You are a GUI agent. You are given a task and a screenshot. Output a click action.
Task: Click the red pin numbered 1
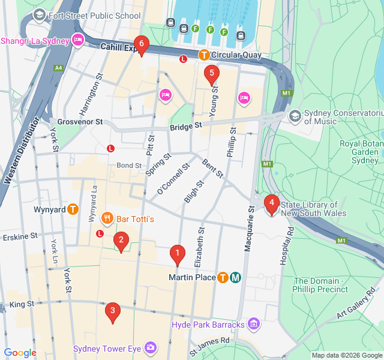[x=176, y=254]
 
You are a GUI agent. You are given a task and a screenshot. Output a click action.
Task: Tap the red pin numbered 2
[x=121, y=242]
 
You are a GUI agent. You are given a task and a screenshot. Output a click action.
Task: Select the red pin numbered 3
[x=112, y=311]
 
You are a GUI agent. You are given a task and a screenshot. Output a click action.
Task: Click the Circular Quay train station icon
[x=204, y=55]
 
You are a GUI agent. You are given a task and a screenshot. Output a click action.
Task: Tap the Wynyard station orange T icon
[x=73, y=209]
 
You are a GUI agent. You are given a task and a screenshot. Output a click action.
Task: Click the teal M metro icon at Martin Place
[x=236, y=277]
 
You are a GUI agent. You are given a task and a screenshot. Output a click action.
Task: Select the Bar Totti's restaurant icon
[x=107, y=219]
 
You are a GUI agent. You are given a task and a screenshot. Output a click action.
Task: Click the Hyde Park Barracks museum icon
[x=253, y=325]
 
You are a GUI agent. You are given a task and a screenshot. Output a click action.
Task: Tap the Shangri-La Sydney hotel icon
[x=77, y=41]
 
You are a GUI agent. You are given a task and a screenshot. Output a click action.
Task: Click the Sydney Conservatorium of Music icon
[x=295, y=115]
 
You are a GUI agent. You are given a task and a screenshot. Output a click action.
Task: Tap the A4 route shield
[x=58, y=68]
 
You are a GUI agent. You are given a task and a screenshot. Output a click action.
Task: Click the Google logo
[x=20, y=353]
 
